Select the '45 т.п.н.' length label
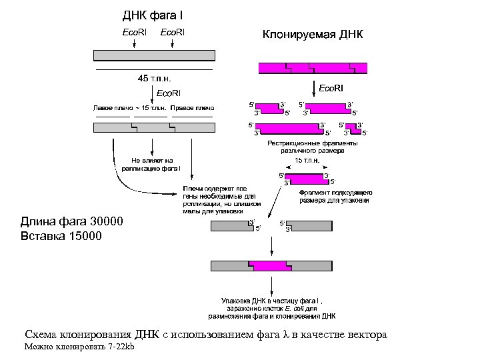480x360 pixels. (x=154, y=78)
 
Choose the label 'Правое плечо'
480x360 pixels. (x=192, y=108)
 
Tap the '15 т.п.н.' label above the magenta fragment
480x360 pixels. (x=307, y=161)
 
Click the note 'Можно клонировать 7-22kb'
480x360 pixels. (x=79, y=348)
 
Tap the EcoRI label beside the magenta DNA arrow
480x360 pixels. (x=331, y=88)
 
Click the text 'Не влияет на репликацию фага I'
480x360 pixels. (x=152, y=164)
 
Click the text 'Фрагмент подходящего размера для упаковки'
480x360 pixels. (x=335, y=196)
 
